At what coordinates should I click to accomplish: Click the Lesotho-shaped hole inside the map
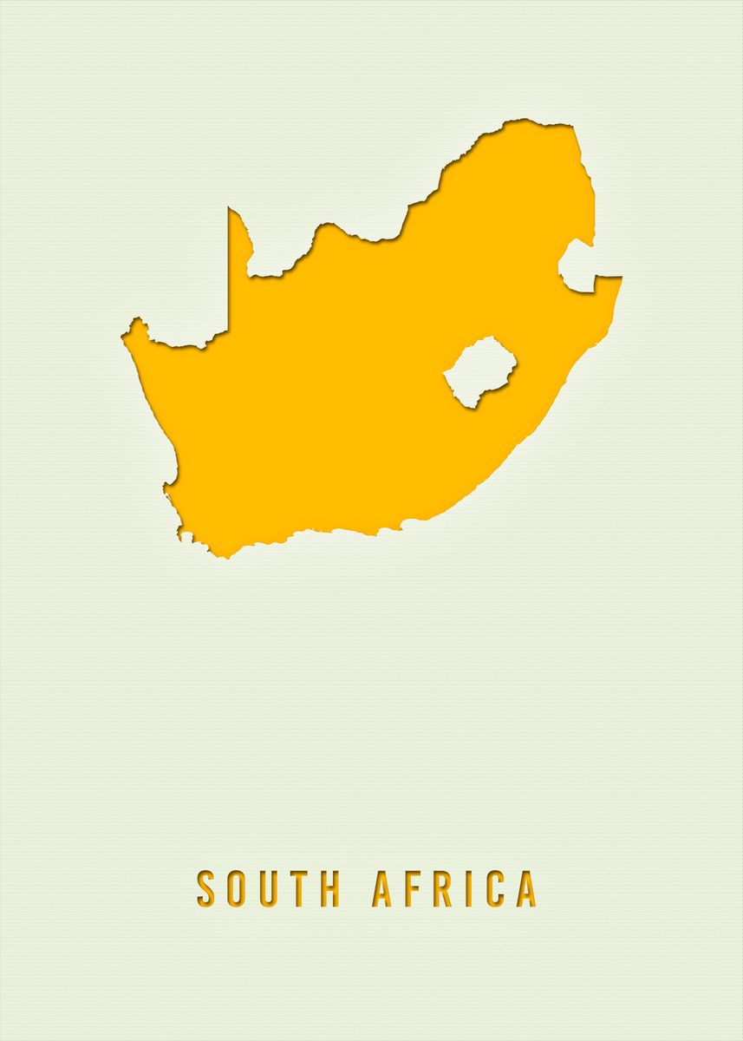tap(479, 371)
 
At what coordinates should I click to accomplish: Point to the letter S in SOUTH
tap(205, 888)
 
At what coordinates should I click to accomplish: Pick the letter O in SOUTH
tap(236, 888)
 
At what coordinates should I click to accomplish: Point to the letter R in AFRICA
tap(441, 888)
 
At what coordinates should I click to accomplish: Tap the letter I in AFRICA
tap(466, 888)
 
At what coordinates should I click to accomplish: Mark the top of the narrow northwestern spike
tap(230, 209)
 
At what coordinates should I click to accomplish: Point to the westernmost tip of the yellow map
tap(123, 333)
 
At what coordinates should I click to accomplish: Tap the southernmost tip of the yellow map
tap(227, 556)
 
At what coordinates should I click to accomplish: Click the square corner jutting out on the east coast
tap(619, 278)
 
